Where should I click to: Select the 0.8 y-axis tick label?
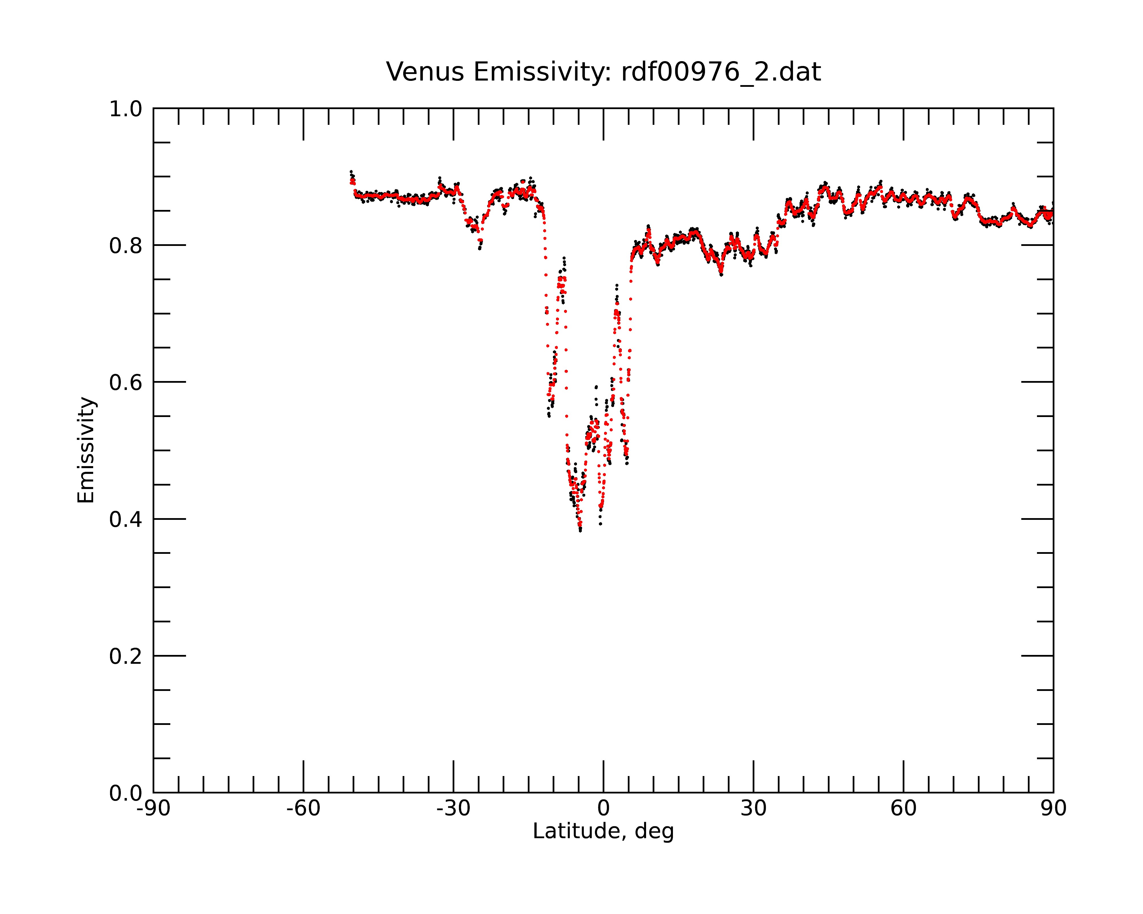coord(126,246)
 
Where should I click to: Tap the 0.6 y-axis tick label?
coord(126,382)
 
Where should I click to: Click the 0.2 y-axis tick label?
coord(126,656)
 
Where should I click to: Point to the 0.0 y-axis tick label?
coord(126,793)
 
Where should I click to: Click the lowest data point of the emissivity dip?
coord(581,530)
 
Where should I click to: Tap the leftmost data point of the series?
coord(351,172)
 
